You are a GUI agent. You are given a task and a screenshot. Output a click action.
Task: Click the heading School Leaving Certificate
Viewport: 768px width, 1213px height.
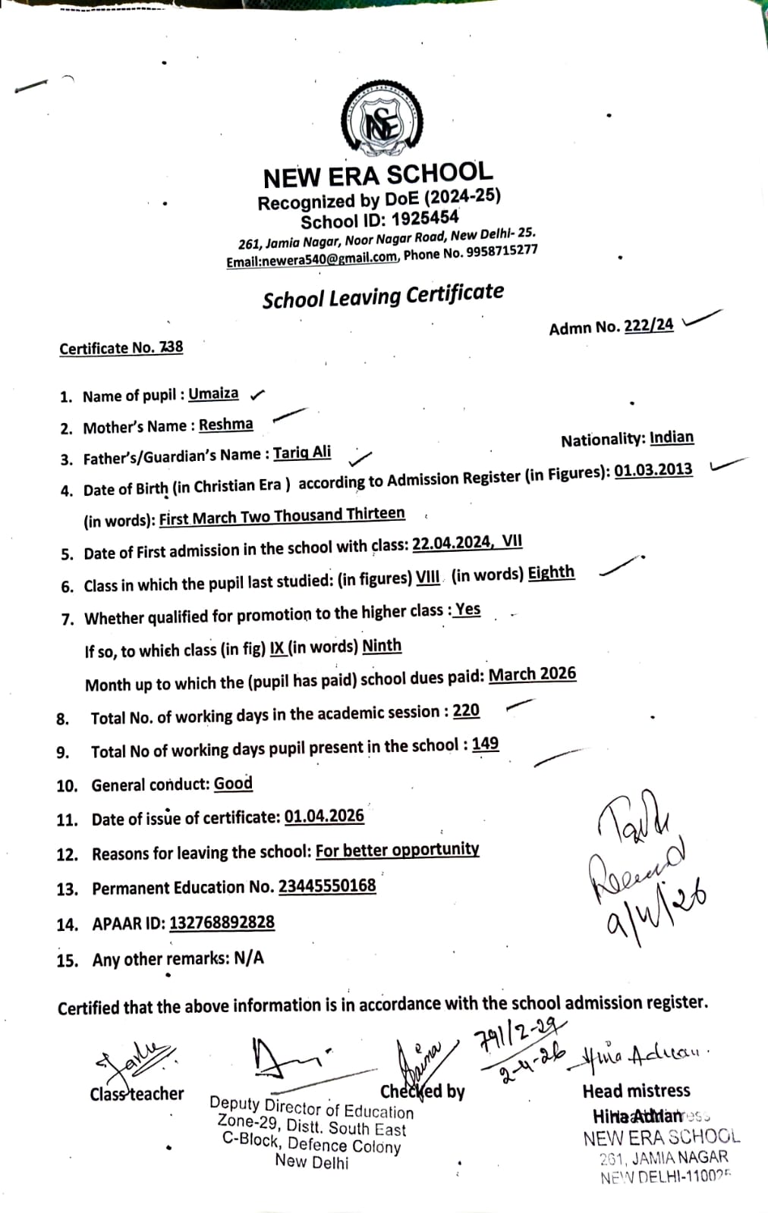pyautogui.click(x=382, y=296)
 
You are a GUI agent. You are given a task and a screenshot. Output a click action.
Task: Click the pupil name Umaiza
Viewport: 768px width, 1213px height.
pyautogui.click(x=213, y=394)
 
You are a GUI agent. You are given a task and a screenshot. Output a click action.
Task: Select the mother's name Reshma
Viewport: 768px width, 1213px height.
pyautogui.click(x=225, y=425)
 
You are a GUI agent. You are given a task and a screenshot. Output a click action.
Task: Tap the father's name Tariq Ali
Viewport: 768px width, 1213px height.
pyautogui.click(x=302, y=453)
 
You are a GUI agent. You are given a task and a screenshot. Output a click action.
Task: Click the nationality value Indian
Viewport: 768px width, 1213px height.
pyautogui.click(x=672, y=437)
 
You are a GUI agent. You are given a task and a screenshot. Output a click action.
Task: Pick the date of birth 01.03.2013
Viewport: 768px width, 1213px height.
pyautogui.click(x=653, y=470)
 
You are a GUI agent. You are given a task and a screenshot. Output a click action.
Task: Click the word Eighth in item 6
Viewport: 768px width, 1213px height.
pyautogui.click(x=551, y=572)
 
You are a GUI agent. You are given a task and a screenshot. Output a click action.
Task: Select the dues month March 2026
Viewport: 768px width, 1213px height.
pyautogui.click(x=532, y=674)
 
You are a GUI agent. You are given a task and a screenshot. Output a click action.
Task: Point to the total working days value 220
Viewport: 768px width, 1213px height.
pyautogui.click(x=466, y=710)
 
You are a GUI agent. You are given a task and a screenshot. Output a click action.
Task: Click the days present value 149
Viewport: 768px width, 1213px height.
pyautogui.click(x=485, y=744)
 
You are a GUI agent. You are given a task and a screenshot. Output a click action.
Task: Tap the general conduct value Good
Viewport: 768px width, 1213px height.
pyautogui.click(x=233, y=783)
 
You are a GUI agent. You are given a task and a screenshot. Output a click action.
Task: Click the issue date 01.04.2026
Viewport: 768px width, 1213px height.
pyautogui.click(x=324, y=817)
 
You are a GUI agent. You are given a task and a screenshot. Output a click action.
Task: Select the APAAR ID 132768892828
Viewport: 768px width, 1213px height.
pyautogui.click(x=222, y=923)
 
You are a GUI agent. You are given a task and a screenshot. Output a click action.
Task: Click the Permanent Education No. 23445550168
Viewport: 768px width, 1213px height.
pyautogui.click(x=327, y=885)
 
